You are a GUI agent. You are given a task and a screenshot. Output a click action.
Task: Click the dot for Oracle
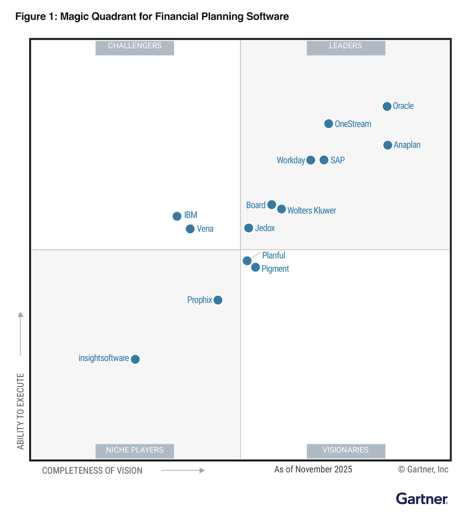[x=387, y=106]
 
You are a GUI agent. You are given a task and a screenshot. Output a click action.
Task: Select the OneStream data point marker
[x=329, y=124]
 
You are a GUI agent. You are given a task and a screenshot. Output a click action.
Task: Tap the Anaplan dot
[x=388, y=145]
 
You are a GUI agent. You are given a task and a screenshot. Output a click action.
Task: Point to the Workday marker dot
[x=311, y=160]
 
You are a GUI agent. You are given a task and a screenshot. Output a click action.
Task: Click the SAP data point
[x=324, y=160]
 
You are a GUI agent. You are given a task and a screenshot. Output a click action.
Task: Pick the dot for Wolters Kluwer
[x=281, y=209]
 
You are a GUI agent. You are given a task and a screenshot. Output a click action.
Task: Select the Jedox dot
[x=249, y=228]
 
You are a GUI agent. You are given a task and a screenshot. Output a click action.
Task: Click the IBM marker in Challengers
[x=177, y=216]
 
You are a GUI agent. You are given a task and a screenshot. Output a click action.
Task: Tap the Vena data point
[x=190, y=229]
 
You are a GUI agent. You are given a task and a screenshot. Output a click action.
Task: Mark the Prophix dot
[x=218, y=300]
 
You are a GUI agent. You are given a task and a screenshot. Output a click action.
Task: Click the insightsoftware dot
[x=135, y=359]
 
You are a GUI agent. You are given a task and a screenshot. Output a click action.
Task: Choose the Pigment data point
[x=256, y=267]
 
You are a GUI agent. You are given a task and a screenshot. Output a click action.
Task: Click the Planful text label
[x=274, y=256]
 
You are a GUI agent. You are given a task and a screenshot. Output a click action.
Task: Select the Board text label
[x=256, y=205]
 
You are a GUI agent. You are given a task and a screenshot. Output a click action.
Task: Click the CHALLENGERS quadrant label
[x=135, y=46]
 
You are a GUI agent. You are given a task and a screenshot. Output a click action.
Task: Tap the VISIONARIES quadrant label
[x=346, y=450]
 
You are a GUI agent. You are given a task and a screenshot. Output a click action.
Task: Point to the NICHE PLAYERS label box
[x=135, y=450]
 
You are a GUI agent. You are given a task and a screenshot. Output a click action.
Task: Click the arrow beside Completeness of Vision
[x=182, y=470]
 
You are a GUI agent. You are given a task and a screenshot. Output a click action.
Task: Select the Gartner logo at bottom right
[x=422, y=499]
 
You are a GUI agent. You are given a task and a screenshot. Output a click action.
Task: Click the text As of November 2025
[x=313, y=470]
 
